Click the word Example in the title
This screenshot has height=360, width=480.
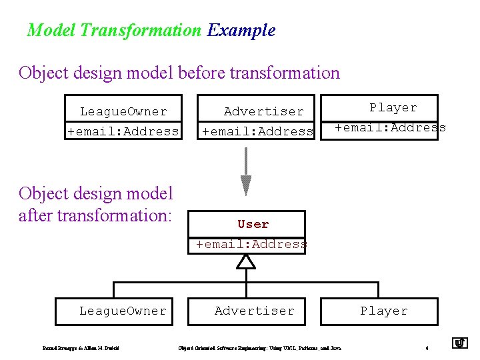[x=241, y=30]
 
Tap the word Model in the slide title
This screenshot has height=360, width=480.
[x=51, y=30]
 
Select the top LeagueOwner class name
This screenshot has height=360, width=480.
[x=123, y=111]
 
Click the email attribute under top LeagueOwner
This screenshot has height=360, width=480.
[x=123, y=131]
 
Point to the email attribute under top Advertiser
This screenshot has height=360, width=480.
[x=258, y=131]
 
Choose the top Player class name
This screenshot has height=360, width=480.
[x=393, y=107]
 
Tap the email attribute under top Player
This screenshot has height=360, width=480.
[x=391, y=127]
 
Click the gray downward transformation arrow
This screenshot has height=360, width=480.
[x=246, y=171]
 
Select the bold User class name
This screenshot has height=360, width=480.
[x=253, y=224]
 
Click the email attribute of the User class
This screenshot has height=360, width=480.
[x=251, y=244]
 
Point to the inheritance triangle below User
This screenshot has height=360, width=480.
[x=247, y=262]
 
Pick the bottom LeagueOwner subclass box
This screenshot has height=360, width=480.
[x=123, y=311]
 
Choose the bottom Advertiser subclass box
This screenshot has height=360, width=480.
[x=254, y=311]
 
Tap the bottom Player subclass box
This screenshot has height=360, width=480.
[x=383, y=311]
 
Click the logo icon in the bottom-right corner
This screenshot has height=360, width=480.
[x=460, y=343]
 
